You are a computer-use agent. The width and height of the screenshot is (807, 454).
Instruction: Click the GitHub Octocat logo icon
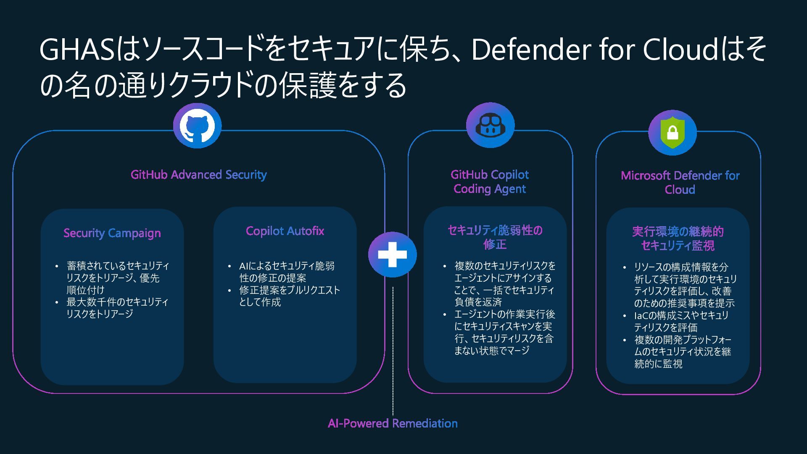(197, 126)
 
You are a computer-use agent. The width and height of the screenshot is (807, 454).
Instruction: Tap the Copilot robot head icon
(490, 125)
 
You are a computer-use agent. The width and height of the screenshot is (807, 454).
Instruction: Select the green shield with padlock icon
(672, 133)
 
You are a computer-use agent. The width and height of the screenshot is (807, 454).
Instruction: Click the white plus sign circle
(392, 255)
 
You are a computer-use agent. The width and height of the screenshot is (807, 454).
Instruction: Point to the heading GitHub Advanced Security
(198, 174)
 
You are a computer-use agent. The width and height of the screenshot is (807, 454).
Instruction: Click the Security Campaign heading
(112, 233)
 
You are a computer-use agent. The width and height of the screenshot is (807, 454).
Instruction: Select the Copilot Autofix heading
(285, 231)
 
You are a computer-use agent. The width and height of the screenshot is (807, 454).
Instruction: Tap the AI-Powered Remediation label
(393, 423)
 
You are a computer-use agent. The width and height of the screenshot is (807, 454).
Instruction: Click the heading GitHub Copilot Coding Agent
(490, 182)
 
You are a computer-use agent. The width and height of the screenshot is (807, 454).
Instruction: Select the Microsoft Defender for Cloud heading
(680, 182)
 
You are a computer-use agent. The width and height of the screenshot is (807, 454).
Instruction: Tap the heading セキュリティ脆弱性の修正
(495, 237)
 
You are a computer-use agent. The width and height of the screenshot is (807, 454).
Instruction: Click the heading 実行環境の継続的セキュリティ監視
(678, 238)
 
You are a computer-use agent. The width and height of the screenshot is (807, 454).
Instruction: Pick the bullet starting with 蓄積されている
(113, 278)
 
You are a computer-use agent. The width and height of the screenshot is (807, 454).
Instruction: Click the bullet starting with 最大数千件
(113, 308)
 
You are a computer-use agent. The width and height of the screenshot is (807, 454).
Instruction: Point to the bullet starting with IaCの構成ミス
(681, 321)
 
